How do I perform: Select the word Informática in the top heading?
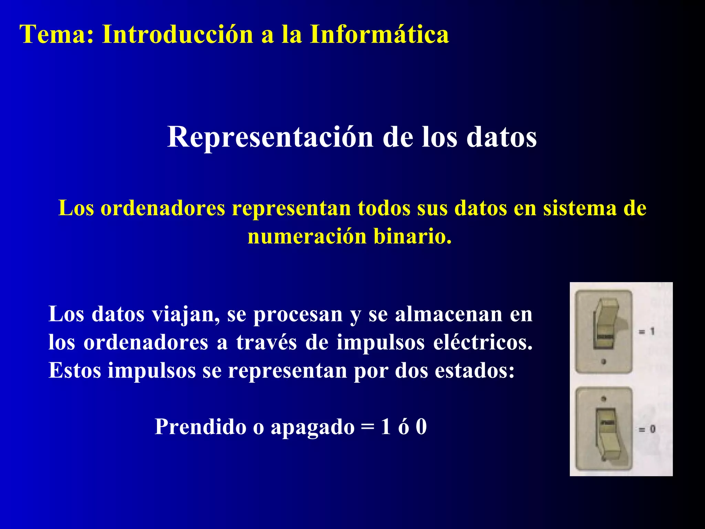point(379,34)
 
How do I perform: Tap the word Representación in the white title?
point(270,137)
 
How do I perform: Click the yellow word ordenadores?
point(162,208)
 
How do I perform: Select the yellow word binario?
point(412,237)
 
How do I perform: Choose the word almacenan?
point(449,314)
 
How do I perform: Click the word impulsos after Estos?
point(151,371)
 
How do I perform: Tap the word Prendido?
point(200,427)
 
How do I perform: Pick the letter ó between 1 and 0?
point(403,427)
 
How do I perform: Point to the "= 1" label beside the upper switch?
point(646,332)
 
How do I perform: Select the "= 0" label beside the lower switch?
point(647,429)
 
